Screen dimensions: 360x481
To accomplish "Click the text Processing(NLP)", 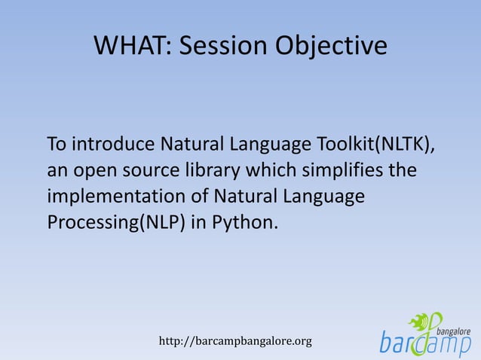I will (x=115, y=224).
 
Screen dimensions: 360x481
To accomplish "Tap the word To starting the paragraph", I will (x=56, y=143).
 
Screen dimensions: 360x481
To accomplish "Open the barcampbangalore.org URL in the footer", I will (x=235, y=341).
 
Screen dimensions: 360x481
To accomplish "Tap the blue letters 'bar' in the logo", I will (x=397, y=342).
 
